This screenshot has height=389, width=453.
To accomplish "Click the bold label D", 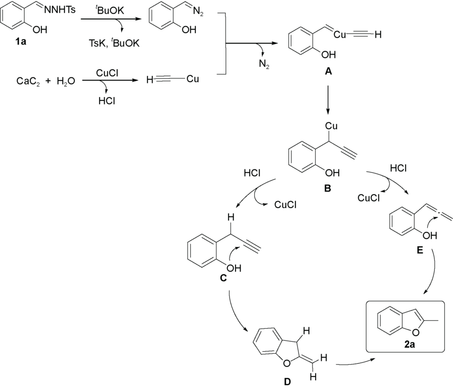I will [x=287, y=382].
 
